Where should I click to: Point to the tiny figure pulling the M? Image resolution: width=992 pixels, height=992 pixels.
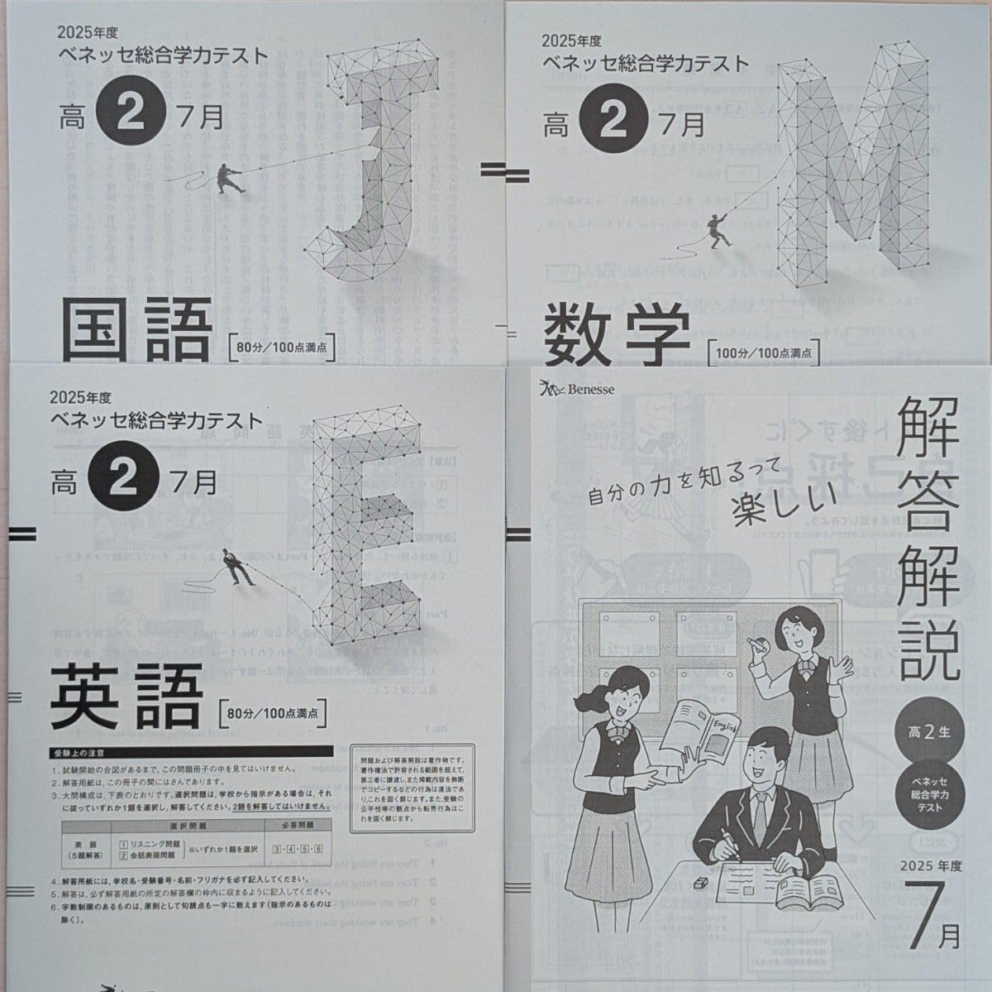coord(718,229)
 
